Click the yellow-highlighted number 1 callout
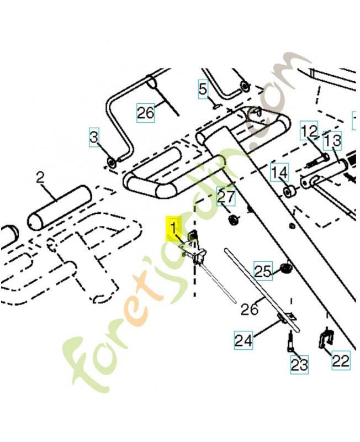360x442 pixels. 174,229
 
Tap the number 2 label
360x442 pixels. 40,178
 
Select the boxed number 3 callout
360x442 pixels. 94,137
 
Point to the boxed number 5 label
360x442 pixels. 203,90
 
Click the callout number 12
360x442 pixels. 309,131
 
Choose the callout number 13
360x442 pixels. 332,140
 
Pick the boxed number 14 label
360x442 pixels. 280,172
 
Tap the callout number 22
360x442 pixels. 341,360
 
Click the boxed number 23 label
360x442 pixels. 299,365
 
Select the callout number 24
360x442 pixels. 243,340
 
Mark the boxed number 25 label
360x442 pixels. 263,271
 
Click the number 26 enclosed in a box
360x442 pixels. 146,113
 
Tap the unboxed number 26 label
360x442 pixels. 250,309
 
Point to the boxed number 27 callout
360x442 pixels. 226,197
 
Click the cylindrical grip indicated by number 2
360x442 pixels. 60,207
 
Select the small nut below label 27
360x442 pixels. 233,219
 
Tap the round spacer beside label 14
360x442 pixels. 288,192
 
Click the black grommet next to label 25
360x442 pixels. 285,268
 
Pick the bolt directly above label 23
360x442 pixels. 290,341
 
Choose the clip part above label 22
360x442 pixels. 326,339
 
